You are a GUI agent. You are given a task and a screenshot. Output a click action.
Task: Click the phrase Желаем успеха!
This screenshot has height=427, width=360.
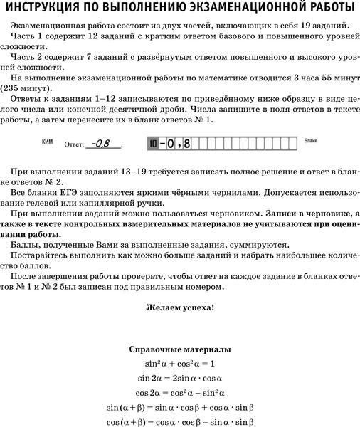(x=179, y=308)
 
